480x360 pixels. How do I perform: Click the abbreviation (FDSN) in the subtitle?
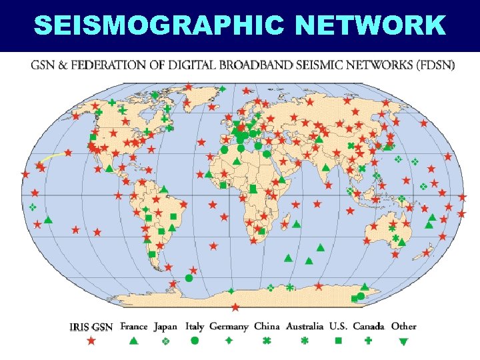click(x=433, y=67)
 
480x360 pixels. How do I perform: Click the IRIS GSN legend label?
click(x=91, y=327)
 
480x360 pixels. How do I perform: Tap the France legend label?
click(x=133, y=327)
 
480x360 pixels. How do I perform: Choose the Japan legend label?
click(x=165, y=327)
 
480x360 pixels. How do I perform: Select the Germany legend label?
click(x=229, y=327)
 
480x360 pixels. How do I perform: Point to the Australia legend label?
click(x=305, y=327)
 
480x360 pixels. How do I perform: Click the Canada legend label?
click(x=368, y=327)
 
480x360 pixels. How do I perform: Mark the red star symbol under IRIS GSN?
click(x=91, y=341)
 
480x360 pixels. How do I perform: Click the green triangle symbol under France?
click(x=133, y=341)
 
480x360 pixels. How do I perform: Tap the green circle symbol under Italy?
click(x=195, y=341)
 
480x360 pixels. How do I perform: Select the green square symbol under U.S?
click(x=338, y=341)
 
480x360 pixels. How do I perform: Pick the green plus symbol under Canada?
click(x=368, y=341)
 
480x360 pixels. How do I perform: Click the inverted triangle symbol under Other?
click(x=403, y=341)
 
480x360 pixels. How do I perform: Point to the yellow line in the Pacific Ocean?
click(x=51, y=157)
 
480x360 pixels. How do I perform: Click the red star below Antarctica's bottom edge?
click(x=235, y=307)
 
